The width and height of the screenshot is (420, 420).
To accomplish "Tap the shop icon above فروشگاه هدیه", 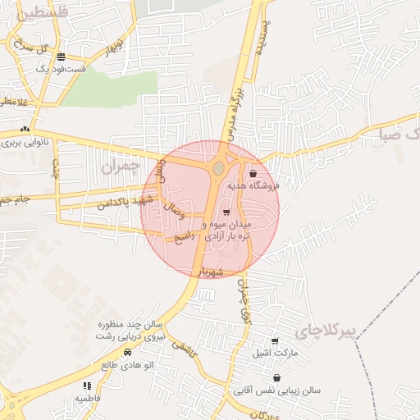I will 252,173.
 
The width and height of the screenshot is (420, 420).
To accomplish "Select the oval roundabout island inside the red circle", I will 217,168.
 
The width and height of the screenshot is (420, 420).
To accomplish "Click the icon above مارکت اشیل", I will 275,340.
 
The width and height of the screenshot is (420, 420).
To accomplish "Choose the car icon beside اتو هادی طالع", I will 127,352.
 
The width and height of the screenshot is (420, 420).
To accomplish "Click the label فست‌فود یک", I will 62,69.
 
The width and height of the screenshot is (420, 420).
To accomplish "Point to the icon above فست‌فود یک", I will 62,57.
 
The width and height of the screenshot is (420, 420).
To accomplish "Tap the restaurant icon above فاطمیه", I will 86,385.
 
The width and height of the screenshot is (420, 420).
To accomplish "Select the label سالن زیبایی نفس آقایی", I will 286,391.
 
